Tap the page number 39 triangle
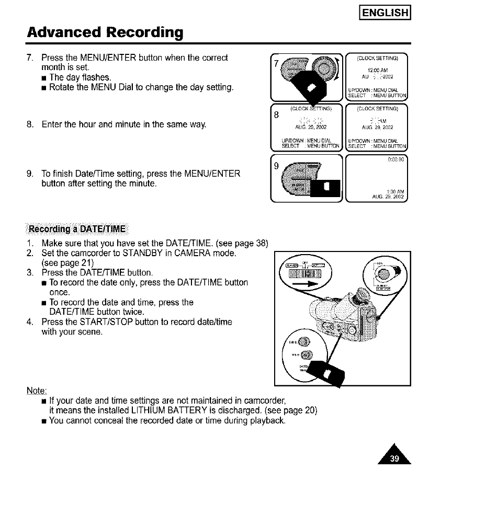point(395,459)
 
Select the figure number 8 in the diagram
point(276,116)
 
